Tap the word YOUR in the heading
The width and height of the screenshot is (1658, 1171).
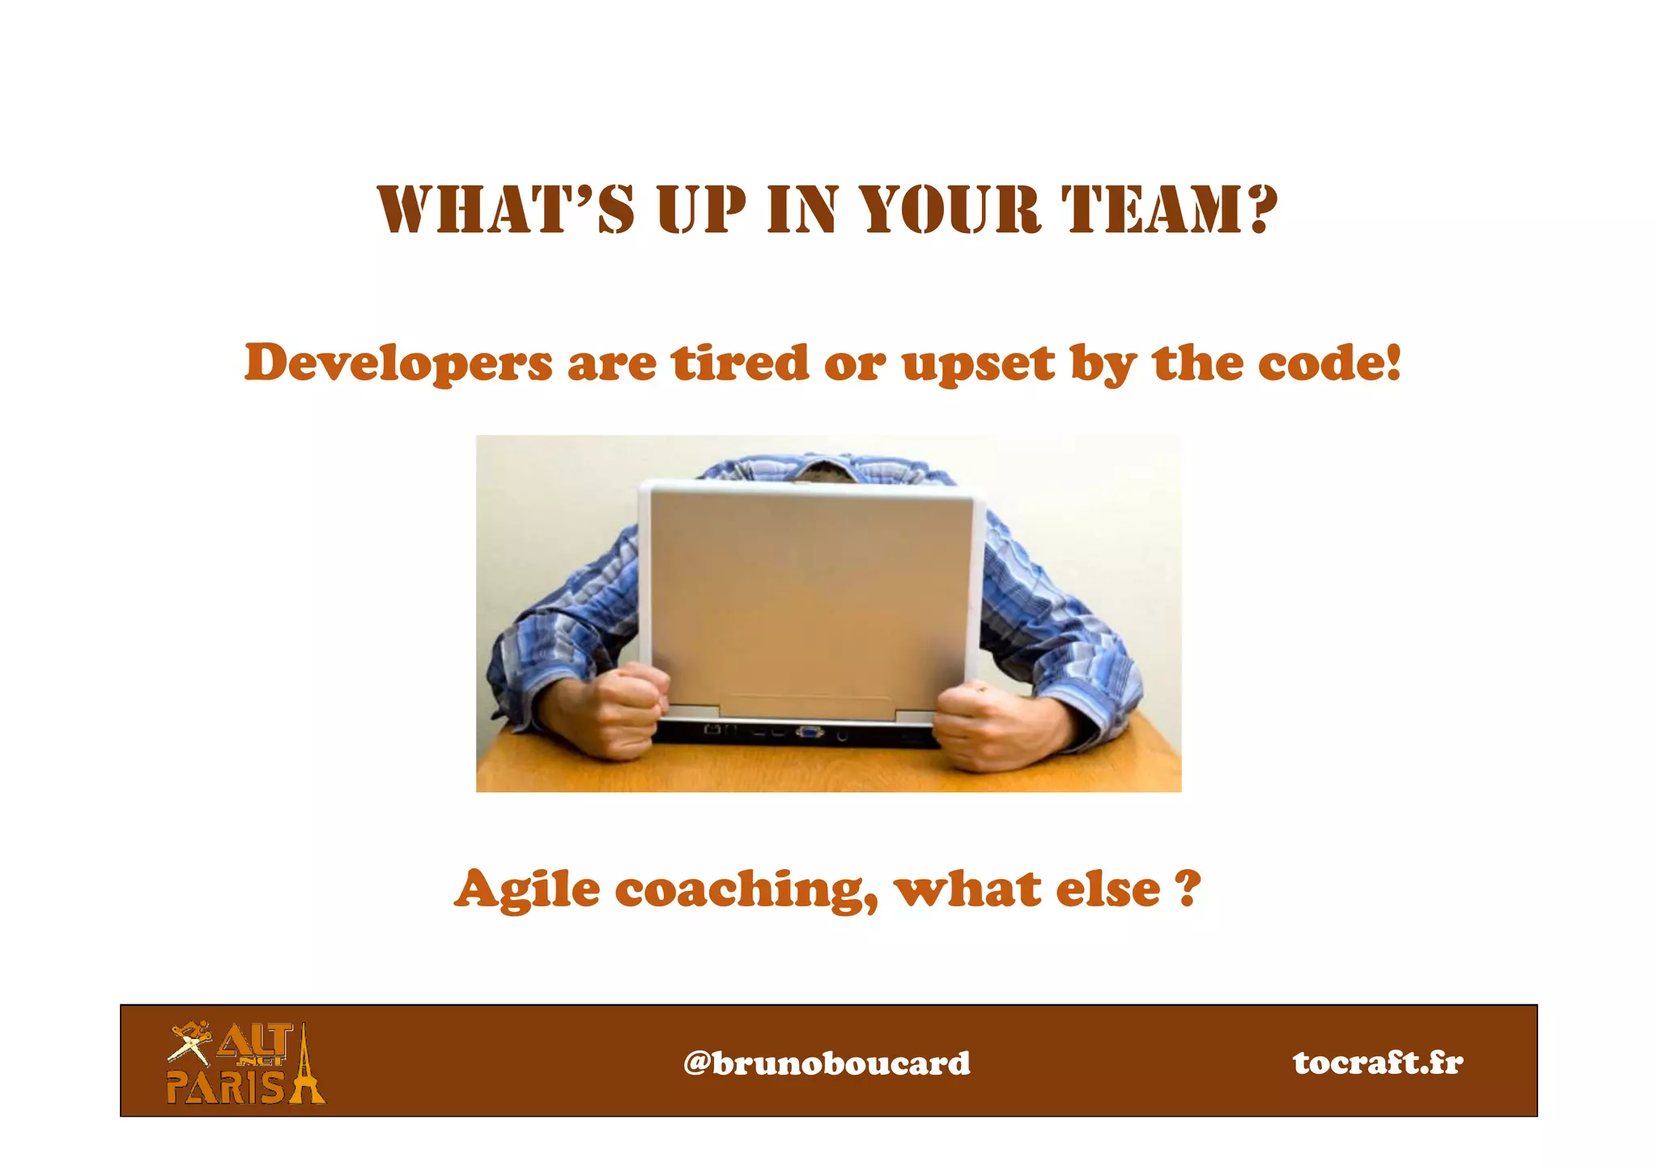click(949, 209)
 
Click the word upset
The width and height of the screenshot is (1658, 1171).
click(979, 364)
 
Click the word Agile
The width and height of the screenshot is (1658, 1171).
click(527, 890)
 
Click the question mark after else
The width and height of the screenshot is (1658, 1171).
click(1187, 887)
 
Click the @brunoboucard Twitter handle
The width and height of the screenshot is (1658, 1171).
click(827, 1063)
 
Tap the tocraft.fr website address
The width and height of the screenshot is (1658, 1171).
click(1378, 1062)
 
